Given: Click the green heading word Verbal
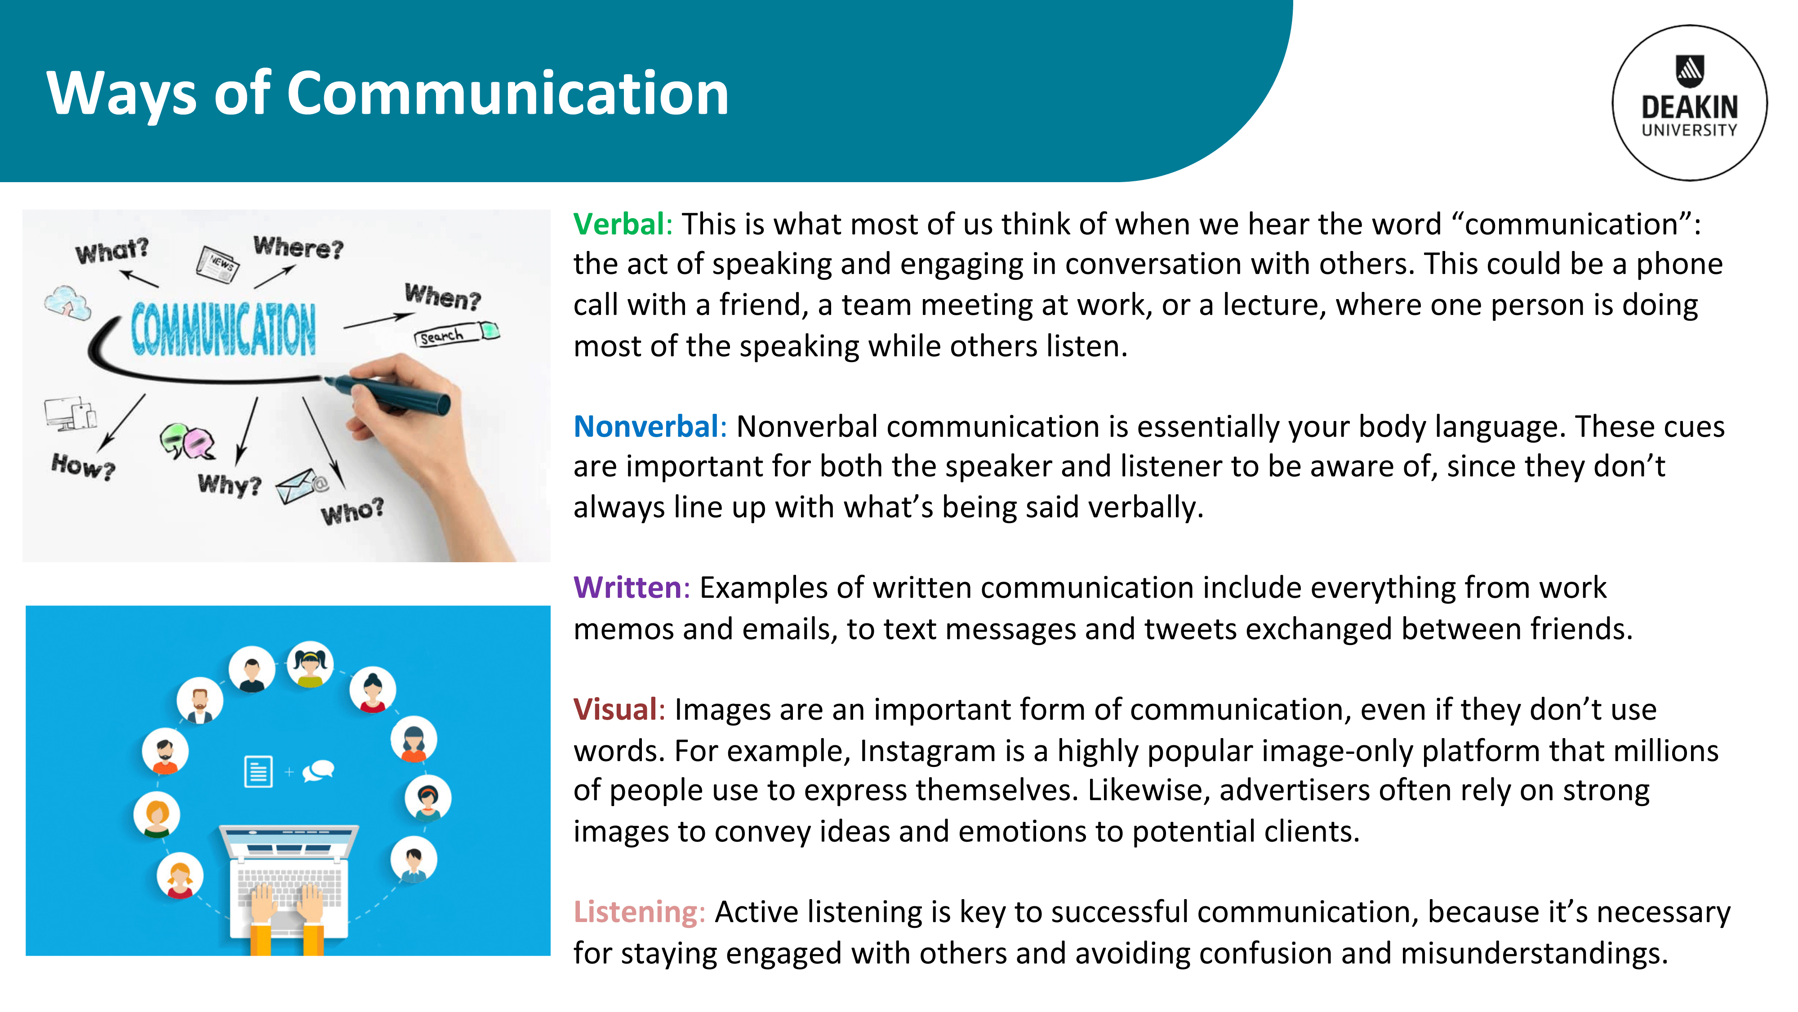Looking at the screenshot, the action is click(x=619, y=224).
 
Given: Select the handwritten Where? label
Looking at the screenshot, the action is click(x=299, y=247).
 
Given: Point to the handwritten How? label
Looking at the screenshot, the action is click(x=83, y=466).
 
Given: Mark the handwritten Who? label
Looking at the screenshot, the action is click(x=352, y=511).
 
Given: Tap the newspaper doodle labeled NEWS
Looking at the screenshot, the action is click(x=218, y=264).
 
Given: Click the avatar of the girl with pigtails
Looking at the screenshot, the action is click(x=310, y=664).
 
